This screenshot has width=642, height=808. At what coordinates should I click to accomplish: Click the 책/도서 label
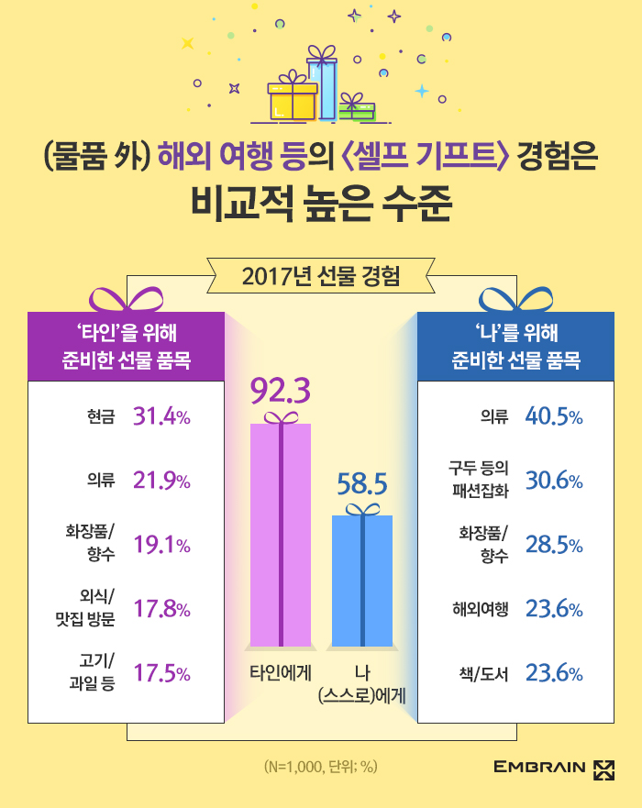tap(482, 673)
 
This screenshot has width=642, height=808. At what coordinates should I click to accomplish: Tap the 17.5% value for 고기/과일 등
tap(161, 673)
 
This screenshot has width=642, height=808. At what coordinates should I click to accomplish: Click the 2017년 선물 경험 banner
tap(320, 274)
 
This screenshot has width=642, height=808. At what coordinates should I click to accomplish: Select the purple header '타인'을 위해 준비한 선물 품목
tap(126, 345)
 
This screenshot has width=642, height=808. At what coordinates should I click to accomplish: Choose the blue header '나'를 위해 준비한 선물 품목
tap(515, 345)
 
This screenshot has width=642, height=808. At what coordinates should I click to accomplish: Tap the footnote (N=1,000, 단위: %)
tap(320, 767)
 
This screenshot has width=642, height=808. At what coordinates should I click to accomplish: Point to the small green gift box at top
tap(356, 109)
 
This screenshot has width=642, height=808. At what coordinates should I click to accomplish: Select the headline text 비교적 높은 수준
tap(320, 203)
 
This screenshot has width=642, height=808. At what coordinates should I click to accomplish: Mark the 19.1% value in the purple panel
tap(161, 545)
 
